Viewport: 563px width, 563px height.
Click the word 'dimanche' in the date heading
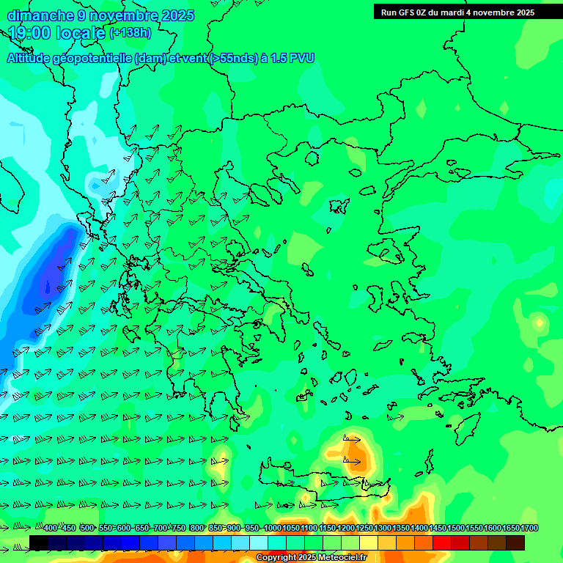click(41, 15)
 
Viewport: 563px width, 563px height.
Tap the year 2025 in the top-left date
click(175, 15)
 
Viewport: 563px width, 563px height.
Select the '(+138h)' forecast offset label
click(130, 32)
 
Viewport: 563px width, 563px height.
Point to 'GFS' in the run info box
click(412, 12)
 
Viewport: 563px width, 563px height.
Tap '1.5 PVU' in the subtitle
click(292, 58)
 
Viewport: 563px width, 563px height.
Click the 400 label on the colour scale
click(50, 528)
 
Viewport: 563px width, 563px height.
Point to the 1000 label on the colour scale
click(272, 528)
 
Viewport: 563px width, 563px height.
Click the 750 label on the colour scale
click(178, 528)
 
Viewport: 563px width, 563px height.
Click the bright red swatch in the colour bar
click(441, 542)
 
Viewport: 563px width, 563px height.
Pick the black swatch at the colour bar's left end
click(39, 542)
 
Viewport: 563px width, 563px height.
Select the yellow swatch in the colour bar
click(368, 542)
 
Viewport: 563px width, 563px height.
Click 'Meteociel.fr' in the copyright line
click(342, 558)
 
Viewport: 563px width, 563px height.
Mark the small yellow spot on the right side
click(540, 322)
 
